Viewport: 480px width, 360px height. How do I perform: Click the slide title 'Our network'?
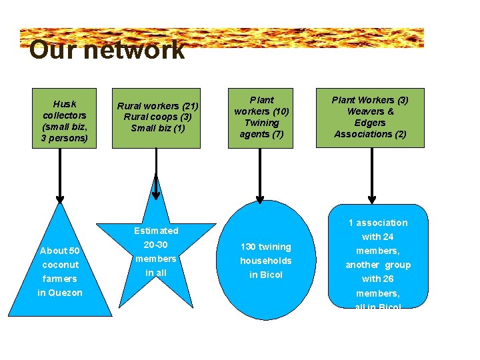(x=107, y=51)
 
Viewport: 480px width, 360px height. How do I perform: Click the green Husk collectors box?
(x=64, y=118)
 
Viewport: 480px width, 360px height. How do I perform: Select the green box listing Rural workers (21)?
(x=158, y=117)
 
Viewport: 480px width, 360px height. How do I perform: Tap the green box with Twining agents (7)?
(x=261, y=118)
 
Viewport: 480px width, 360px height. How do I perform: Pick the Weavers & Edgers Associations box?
(x=371, y=118)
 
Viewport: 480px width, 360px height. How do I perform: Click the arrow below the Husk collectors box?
(x=60, y=175)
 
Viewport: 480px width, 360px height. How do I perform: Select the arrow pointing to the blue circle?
(x=260, y=175)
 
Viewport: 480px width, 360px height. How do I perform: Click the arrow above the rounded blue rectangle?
(x=372, y=175)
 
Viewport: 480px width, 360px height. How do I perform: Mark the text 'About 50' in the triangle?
(x=60, y=251)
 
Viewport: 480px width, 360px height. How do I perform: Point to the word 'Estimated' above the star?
(x=156, y=231)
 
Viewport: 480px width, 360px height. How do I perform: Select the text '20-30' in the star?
(x=156, y=245)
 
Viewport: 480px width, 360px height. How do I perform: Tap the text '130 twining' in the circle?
(x=266, y=247)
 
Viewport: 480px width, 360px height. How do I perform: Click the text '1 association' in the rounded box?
(x=378, y=223)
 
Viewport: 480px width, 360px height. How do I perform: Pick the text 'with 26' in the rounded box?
(x=378, y=279)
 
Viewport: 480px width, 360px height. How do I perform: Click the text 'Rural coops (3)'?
(x=158, y=117)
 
